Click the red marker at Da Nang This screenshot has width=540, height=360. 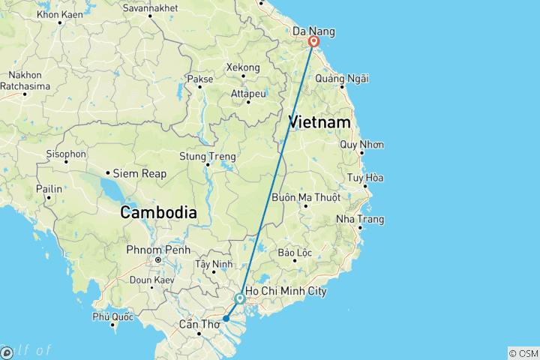(x=313, y=42)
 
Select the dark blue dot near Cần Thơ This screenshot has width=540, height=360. (x=226, y=318)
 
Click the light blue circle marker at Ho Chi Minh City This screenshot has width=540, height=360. (x=239, y=298)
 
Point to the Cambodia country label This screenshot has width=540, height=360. (x=159, y=212)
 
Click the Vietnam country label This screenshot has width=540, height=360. (x=319, y=122)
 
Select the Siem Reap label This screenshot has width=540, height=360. (x=139, y=173)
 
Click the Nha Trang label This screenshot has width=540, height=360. (x=360, y=219)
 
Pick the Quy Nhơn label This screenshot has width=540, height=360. (x=361, y=144)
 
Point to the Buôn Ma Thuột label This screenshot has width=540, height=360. (x=305, y=197)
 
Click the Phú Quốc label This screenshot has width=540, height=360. (x=112, y=316)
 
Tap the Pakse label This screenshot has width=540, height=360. (x=199, y=79)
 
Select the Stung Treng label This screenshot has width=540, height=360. (x=208, y=157)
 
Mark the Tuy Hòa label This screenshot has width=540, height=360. (x=365, y=178)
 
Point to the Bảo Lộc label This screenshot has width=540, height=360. (x=294, y=253)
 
